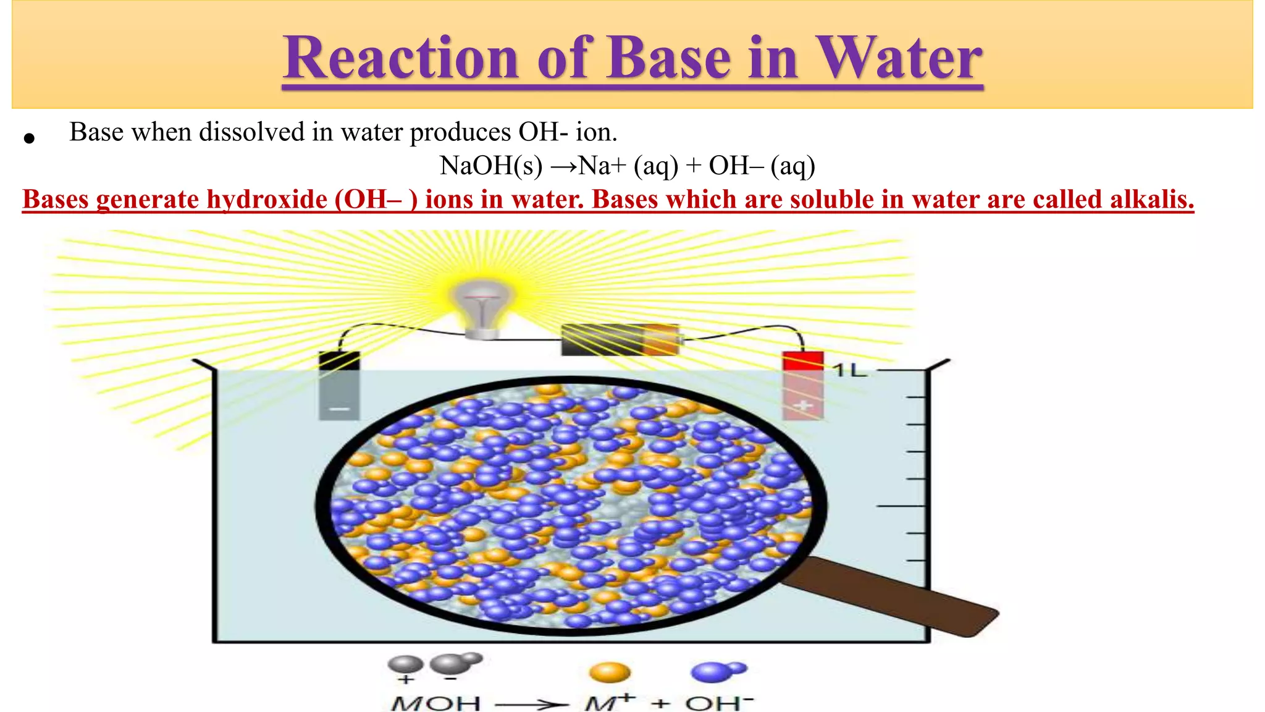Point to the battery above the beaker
point(621,339)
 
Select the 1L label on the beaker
point(849,370)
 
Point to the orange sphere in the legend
point(610,672)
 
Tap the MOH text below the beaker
point(435,703)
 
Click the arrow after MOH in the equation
point(531,704)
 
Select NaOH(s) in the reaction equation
point(491,166)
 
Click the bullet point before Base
point(29,138)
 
